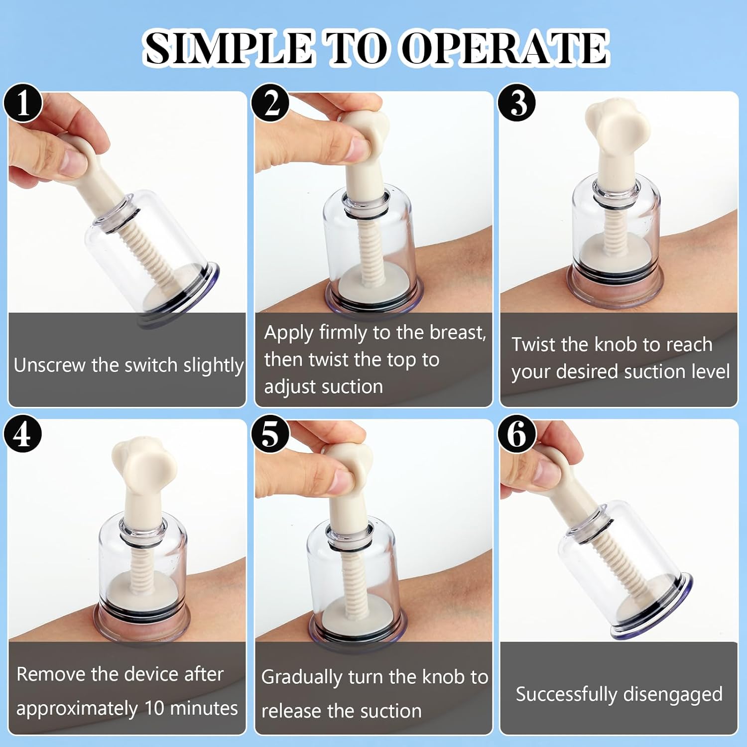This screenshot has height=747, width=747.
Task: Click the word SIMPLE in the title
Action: (x=228, y=48)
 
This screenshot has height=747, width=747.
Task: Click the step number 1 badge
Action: (x=23, y=103)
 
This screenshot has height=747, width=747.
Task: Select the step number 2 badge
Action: (x=270, y=103)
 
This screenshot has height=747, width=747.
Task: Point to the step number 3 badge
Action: (x=517, y=103)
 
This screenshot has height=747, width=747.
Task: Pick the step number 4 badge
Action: (x=23, y=434)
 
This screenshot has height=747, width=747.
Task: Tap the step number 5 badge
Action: (x=270, y=434)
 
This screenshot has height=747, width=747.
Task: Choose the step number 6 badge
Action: (x=517, y=434)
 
